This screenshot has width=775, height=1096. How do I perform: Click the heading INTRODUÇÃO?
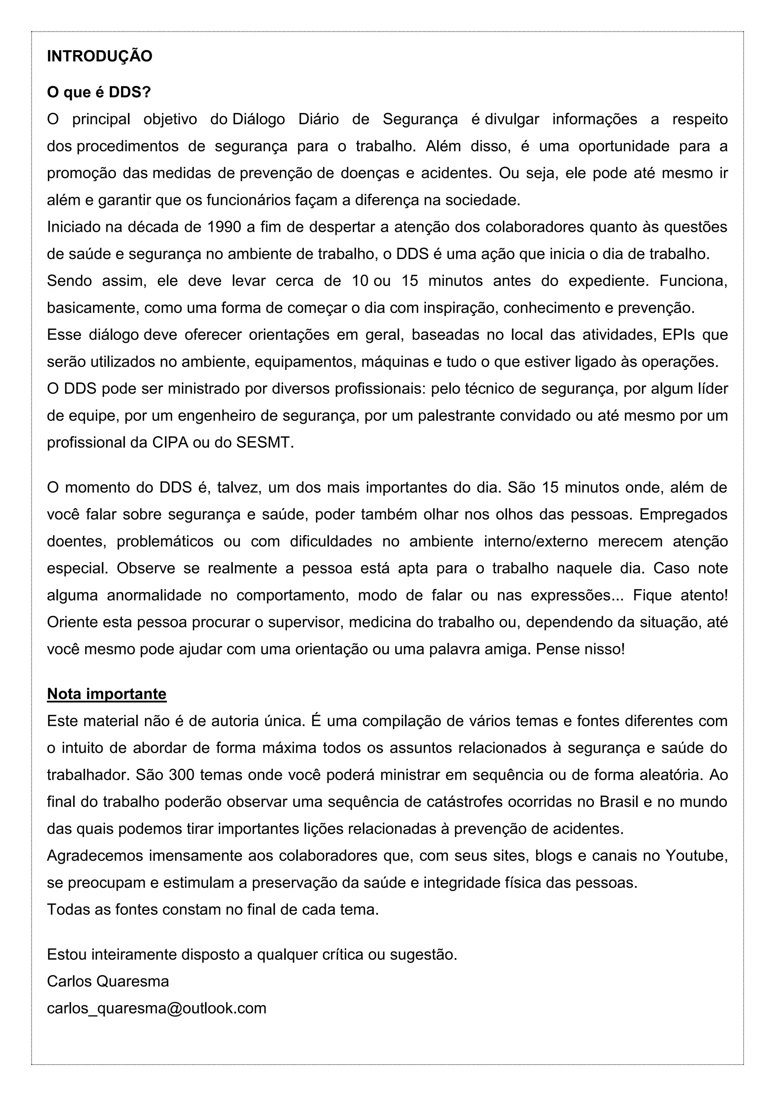click(x=99, y=56)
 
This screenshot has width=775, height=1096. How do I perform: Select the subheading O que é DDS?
click(x=98, y=92)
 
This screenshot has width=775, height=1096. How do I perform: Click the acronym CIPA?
click(x=170, y=443)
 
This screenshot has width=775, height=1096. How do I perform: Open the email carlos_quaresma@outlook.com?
click(x=157, y=1008)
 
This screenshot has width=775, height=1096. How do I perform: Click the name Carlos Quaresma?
click(x=108, y=981)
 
